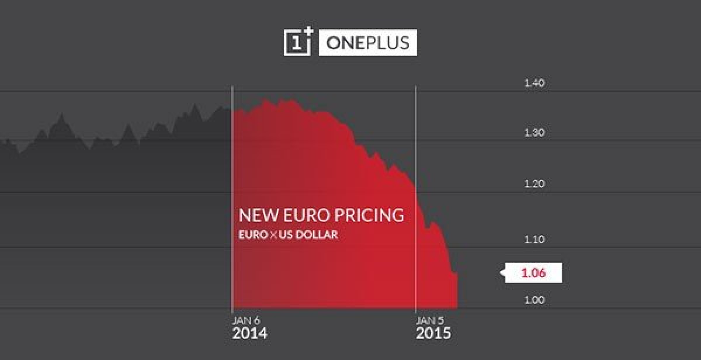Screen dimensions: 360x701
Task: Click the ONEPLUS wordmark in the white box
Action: coord(368,43)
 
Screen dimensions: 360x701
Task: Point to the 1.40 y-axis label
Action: coord(535,83)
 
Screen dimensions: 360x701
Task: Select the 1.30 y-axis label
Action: coord(535,133)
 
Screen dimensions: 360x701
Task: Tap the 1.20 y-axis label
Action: coord(535,184)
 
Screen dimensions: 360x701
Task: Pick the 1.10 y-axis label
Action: coord(535,239)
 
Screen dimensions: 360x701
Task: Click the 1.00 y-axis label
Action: coord(535,300)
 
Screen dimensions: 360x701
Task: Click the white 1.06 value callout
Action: coord(533,273)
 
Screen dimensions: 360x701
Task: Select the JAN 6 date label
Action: coord(246,320)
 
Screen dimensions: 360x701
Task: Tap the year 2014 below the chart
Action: coord(249,334)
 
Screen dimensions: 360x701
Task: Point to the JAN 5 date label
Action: coord(429,320)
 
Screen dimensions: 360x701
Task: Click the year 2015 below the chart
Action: coord(433,334)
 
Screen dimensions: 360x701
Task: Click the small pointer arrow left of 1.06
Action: coord(502,273)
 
